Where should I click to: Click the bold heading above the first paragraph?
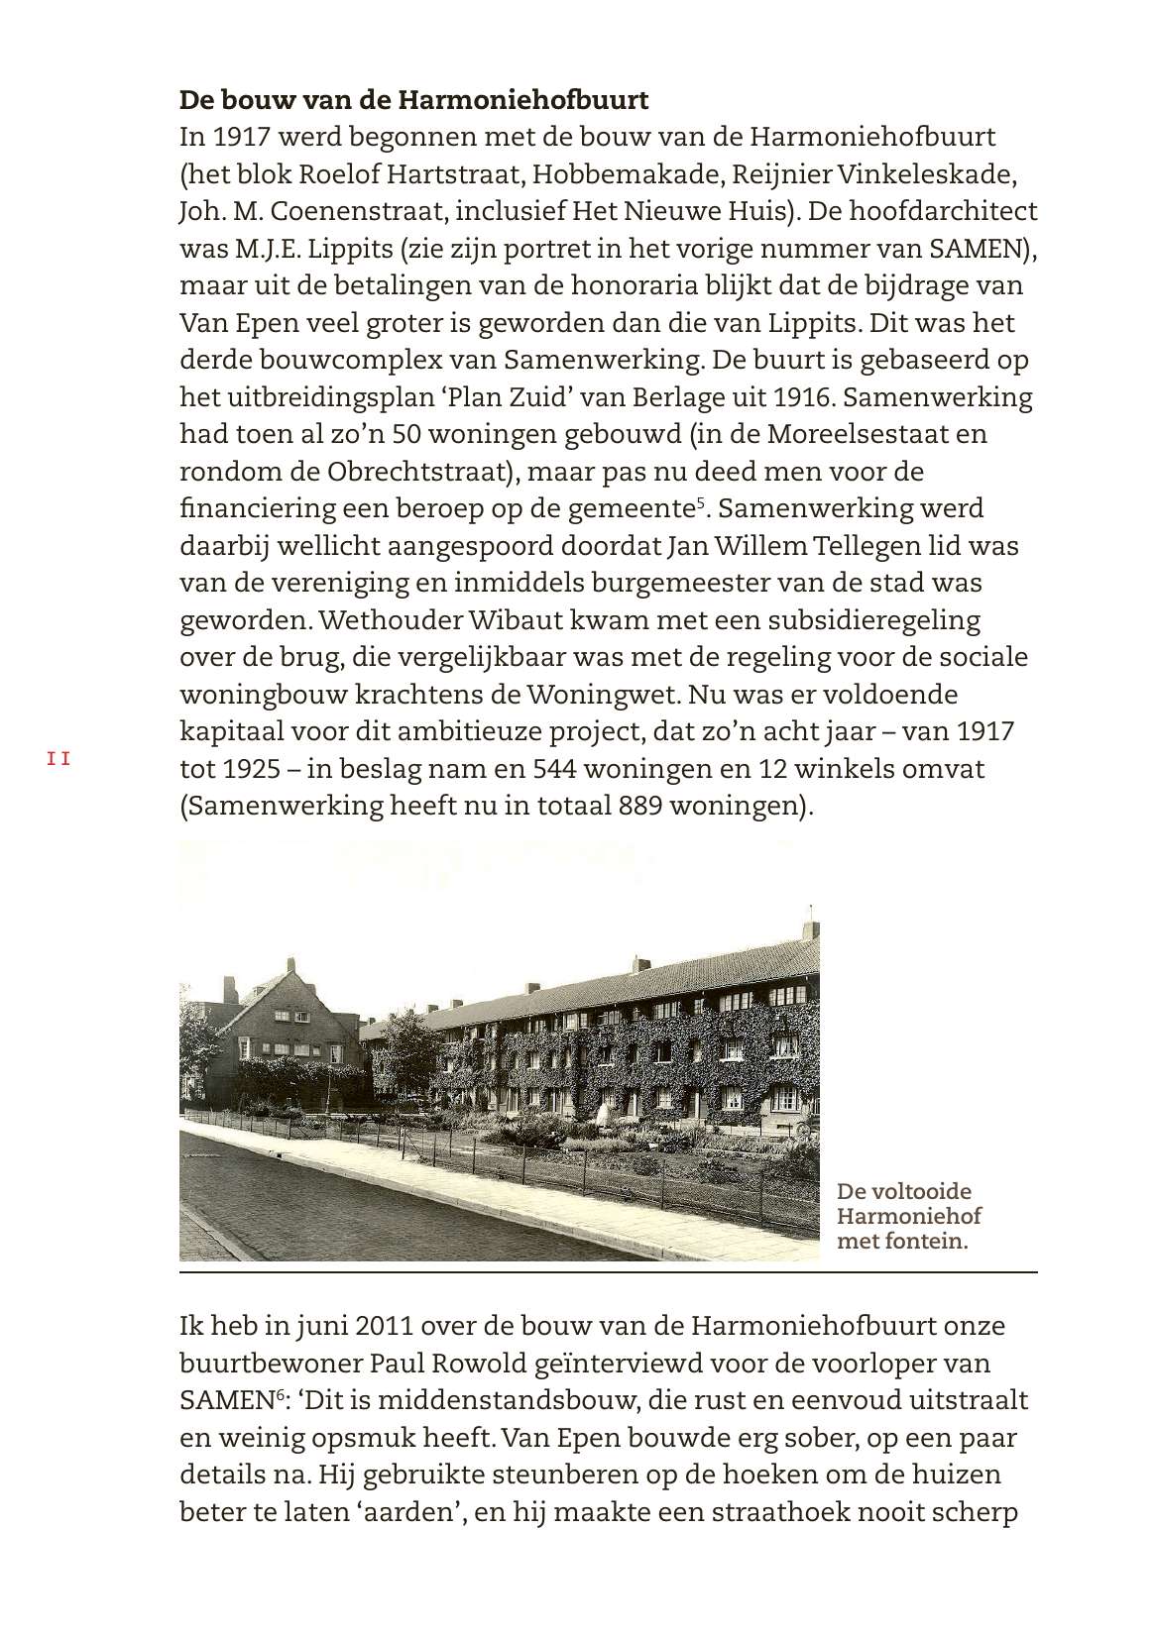click(x=413, y=100)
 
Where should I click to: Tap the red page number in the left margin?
click(x=58, y=760)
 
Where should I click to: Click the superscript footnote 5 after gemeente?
click(x=700, y=503)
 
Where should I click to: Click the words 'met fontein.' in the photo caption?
click(x=901, y=1241)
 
